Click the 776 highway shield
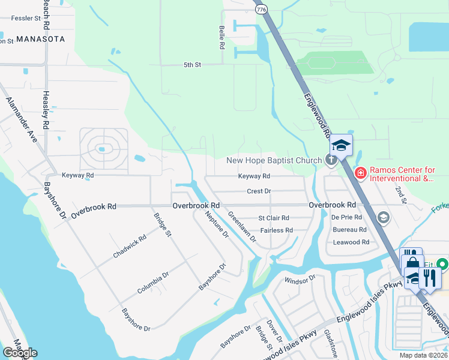click(261, 10)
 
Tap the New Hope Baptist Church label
click(274, 160)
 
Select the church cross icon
click(330, 160)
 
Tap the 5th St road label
click(192, 65)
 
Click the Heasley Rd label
click(46, 110)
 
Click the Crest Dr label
click(259, 191)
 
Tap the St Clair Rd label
click(274, 218)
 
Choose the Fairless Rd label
click(276, 230)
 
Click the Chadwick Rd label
click(130, 247)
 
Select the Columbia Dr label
click(158, 279)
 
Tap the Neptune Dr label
click(217, 224)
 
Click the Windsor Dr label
click(300, 280)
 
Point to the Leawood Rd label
click(351, 242)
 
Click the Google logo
click(20, 352)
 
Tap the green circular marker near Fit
click(442, 264)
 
